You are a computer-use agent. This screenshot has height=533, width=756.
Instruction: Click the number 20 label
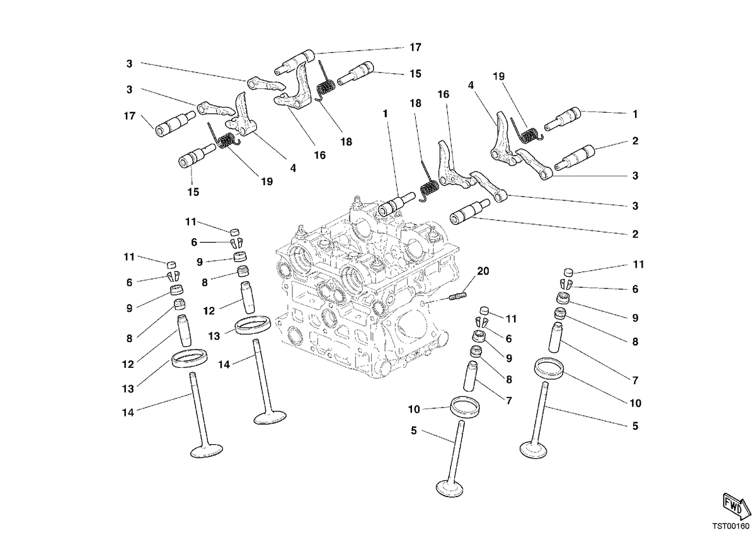pos(483,271)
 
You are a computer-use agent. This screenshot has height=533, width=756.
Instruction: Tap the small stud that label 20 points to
pos(458,296)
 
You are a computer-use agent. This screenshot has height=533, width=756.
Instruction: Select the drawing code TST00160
pos(731,526)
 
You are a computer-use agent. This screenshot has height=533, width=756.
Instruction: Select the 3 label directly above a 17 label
pos(129,89)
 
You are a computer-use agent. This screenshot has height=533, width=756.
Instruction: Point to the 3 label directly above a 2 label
pos(635,206)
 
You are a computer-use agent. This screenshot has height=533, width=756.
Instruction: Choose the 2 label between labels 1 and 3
pos(635,140)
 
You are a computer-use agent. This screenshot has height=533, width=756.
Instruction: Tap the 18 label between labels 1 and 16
pos(415,103)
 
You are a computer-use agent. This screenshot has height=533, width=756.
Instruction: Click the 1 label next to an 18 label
pos(385,114)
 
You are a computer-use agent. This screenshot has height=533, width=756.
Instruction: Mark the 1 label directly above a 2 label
pos(635,114)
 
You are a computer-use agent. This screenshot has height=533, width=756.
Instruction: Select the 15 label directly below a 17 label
pos(415,74)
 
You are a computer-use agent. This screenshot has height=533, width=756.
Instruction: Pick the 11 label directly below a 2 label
pos(638,265)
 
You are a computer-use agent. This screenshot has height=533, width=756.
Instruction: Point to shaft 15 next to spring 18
pos(355,73)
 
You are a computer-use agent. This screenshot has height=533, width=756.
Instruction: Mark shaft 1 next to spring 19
pos(562,118)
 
